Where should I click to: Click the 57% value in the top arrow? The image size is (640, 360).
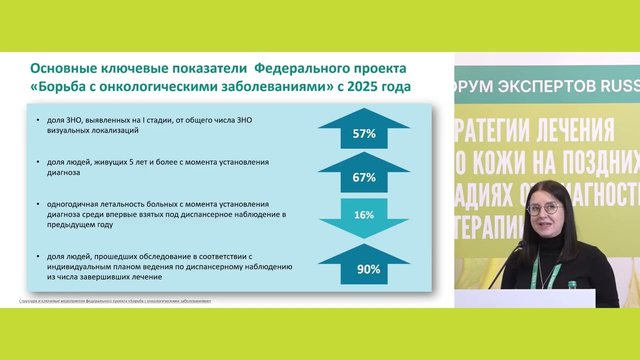coord(364,133)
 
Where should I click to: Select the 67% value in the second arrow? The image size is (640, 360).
coord(364,177)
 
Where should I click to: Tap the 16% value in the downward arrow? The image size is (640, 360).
coord(364,215)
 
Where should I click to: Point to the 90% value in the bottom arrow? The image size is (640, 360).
coord(368,269)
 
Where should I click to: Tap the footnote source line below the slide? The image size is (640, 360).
coord(115,301)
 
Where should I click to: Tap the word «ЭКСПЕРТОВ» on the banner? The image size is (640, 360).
coord(539,86)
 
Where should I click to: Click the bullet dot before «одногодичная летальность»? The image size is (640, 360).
coord(38,204)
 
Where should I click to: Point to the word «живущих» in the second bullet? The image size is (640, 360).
coord(103,162)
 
